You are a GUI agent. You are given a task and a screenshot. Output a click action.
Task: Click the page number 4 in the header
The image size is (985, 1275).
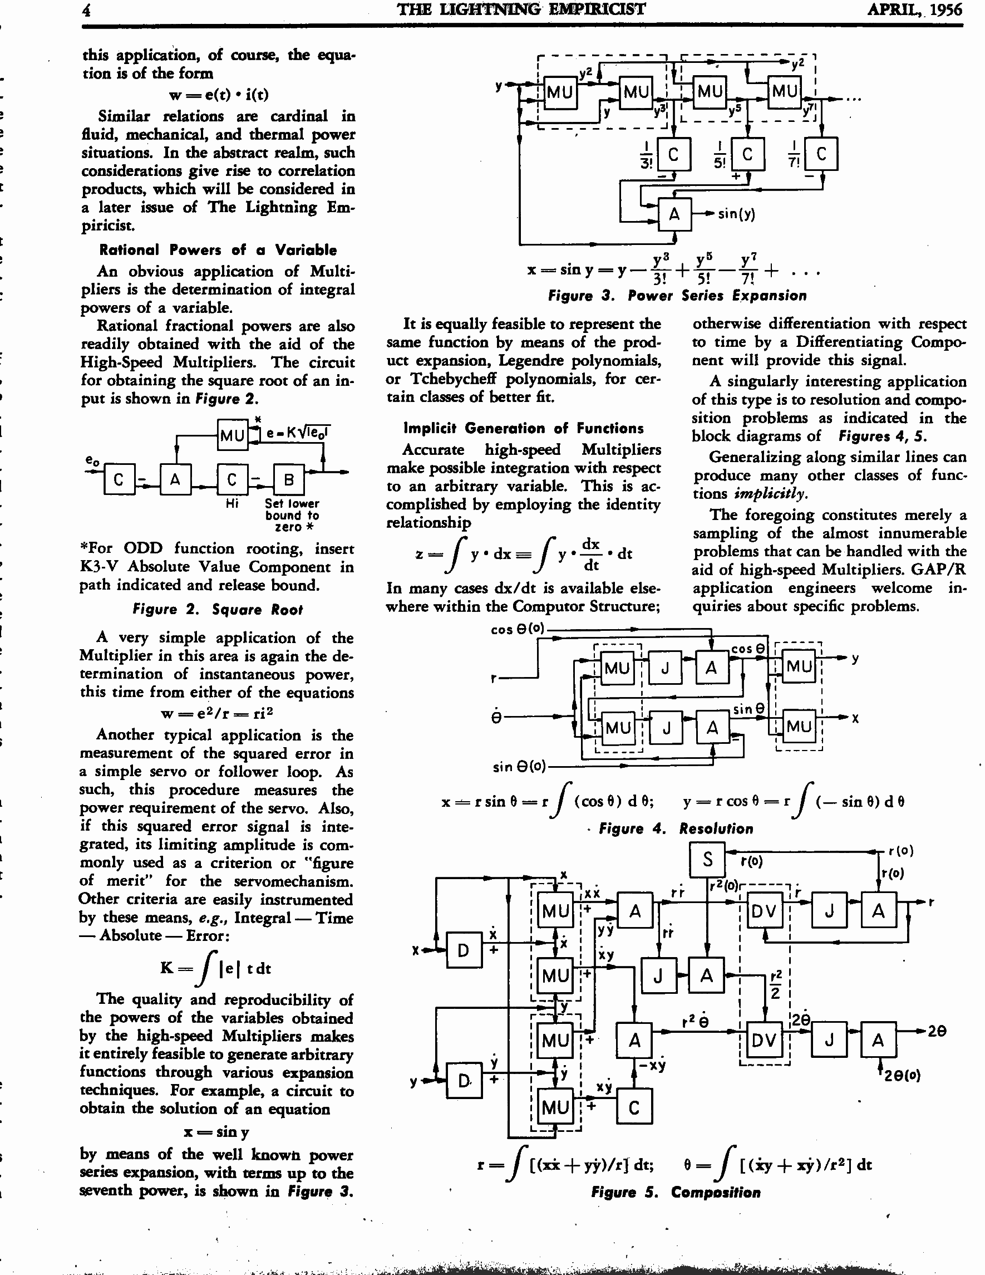tap(86, 10)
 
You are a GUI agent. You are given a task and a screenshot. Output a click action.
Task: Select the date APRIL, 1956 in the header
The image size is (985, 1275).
tap(914, 9)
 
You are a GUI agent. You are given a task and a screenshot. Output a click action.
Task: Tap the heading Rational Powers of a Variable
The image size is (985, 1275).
tap(218, 250)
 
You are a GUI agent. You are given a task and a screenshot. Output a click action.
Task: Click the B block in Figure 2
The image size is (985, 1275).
tap(289, 480)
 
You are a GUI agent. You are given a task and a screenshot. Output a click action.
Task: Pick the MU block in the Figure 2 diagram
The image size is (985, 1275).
tap(232, 435)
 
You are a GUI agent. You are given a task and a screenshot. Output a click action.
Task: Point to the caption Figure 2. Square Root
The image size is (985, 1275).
tap(218, 610)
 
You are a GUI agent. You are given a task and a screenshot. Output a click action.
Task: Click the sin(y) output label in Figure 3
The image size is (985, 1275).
tap(736, 214)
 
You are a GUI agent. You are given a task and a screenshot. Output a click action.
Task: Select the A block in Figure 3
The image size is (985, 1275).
tap(674, 214)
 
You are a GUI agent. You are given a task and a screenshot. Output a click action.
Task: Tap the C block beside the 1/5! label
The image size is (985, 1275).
tap(747, 154)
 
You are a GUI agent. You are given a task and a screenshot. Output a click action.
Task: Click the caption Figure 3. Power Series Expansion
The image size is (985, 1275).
tap(677, 296)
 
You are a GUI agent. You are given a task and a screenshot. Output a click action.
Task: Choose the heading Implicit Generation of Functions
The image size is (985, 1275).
tap(524, 428)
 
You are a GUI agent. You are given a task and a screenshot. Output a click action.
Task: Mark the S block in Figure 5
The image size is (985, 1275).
tap(707, 859)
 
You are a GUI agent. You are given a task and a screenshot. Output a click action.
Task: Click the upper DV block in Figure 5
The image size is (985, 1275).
tap(764, 911)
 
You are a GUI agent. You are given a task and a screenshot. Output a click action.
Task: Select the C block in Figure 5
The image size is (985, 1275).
tap(634, 1107)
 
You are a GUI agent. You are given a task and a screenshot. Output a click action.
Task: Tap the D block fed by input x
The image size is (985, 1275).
tap(464, 950)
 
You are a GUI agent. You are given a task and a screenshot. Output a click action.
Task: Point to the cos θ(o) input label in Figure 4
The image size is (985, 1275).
tap(517, 629)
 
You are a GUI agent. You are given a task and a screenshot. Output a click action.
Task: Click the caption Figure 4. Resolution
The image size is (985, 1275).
tap(676, 828)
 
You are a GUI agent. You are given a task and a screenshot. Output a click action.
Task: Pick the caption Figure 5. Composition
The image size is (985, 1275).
tap(676, 1192)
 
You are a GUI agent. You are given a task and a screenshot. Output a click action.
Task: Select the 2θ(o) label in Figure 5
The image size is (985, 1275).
tap(902, 1075)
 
